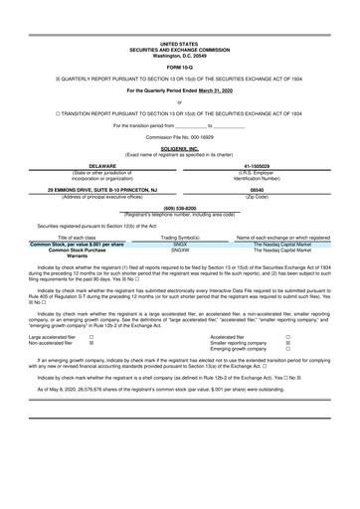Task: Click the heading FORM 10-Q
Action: pos(179,67)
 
